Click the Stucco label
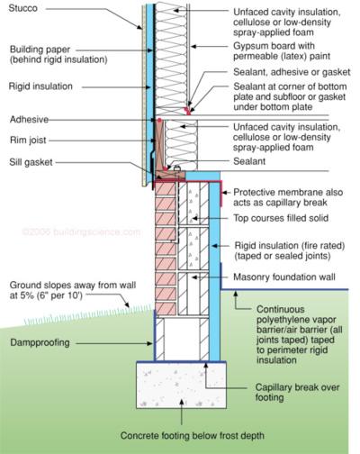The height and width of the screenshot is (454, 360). coord(23,8)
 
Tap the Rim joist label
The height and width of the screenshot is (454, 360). coord(28,140)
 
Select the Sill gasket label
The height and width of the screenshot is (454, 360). coord(31,162)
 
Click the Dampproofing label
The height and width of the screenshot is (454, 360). coord(40,342)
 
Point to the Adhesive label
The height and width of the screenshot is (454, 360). coord(29,120)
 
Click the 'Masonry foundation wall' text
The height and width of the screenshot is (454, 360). coord(284,277)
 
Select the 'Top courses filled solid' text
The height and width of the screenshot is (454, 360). coord(281,218)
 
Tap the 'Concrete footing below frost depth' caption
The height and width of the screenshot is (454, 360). coord(193,435)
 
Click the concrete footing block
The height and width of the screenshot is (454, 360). coord(182,386)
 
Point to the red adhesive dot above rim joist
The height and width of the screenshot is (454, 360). coord(159,121)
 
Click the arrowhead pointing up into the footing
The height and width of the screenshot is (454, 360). coord(182,402)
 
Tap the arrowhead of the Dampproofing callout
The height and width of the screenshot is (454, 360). coord(150,343)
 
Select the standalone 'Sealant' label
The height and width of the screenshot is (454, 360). coord(249,161)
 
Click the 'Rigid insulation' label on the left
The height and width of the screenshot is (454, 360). coord(40,86)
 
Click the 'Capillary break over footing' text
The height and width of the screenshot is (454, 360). coord(297,392)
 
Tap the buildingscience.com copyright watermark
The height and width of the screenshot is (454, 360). coord(82,232)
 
